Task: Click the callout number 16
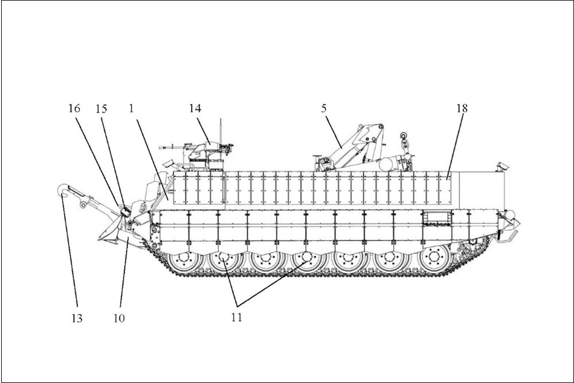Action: pyautogui.click(x=74, y=109)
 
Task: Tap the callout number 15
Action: pyautogui.click(x=102, y=109)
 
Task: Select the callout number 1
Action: pyautogui.click(x=131, y=109)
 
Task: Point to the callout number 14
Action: pyautogui.click(x=195, y=109)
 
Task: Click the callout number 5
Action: pyautogui.click(x=324, y=109)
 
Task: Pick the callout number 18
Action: pyautogui.click(x=462, y=109)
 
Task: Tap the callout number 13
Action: pyautogui.click(x=77, y=318)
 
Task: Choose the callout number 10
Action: pyautogui.click(x=119, y=318)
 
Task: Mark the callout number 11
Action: pyautogui.click(x=236, y=317)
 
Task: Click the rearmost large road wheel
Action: pyautogui.click(x=435, y=257)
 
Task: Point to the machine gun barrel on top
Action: pyautogui.click(x=172, y=148)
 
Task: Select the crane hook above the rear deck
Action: pyautogui.click(x=404, y=140)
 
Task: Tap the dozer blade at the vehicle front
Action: pyautogui.click(x=110, y=231)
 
